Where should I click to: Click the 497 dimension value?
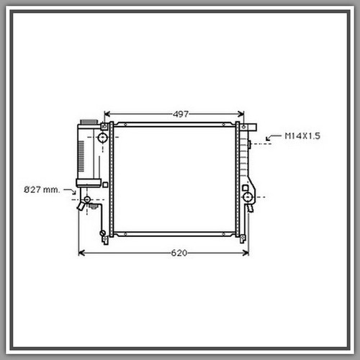point(181,114)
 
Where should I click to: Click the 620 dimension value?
point(179,253)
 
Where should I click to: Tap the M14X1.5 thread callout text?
point(302,136)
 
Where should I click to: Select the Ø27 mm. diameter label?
point(42,190)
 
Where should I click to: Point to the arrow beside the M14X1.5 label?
point(273,138)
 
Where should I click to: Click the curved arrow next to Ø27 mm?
point(71,192)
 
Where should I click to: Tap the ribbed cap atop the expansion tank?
point(89,122)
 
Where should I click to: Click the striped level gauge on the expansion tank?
point(81,156)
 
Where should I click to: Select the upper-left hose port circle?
point(103,138)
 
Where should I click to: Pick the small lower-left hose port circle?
point(87,199)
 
